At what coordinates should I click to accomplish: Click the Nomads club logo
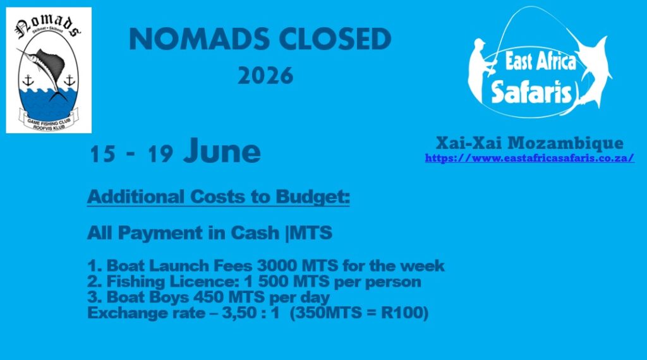[x=49, y=70]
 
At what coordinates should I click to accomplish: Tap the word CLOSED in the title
[x=335, y=39]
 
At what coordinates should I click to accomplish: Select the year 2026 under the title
[x=265, y=76]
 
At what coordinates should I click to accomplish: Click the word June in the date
[x=222, y=151]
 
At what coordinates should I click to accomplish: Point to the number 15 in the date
[x=102, y=154]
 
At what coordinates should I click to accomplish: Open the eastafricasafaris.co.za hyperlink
[x=529, y=158]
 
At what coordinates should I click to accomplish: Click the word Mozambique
[x=565, y=143]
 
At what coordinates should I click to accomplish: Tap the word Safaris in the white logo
[x=531, y=92]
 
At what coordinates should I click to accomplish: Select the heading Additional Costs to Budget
[x=218, y=196]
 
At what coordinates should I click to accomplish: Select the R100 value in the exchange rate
[x=404, y=313]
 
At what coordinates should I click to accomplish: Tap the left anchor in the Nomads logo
[x=28, y=80]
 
